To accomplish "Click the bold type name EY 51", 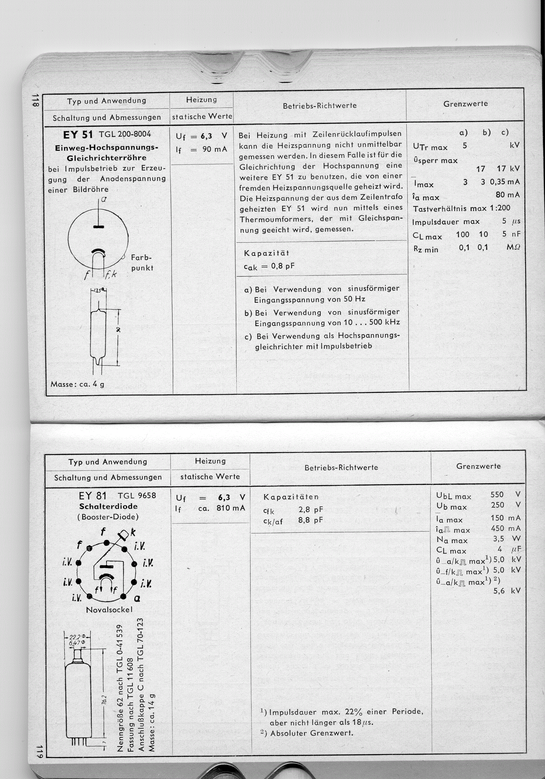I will pos(78,135).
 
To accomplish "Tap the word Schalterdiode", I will pos(108,506).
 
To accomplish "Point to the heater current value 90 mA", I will pos(215,149).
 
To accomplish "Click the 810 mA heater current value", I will pos(230,508).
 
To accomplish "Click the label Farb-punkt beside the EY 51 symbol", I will pos(142,263).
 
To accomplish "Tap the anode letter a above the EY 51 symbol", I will pos(103,200).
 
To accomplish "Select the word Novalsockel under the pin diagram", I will pos(109,610).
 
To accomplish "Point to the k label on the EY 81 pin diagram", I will pos(133,532).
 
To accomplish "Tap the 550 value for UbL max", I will pos(497,495).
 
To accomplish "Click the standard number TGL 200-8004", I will pos(125,134).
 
